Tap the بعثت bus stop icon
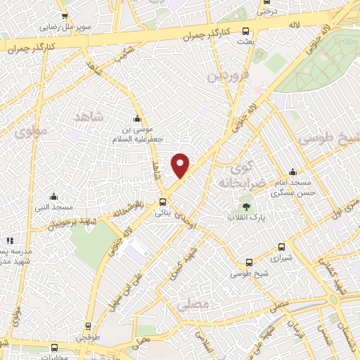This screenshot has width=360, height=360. (245, 32)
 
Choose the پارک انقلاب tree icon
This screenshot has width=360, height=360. (246, 206)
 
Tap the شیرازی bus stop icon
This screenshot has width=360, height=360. (281, 247)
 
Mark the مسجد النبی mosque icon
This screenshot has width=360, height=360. (53, 197)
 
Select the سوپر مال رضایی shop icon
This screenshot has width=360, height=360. (65, 17)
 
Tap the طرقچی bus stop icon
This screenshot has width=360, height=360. (88, 326)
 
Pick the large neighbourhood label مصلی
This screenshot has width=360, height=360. (193, 306)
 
